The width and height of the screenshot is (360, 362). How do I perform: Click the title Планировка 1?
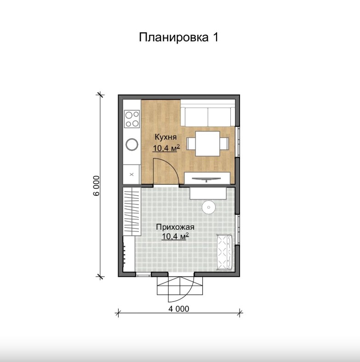178,37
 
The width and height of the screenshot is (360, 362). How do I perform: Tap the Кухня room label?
166,137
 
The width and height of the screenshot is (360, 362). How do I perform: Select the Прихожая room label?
175,227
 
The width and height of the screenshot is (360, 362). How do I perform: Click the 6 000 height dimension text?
97,186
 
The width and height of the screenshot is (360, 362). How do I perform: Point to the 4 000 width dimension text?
178,309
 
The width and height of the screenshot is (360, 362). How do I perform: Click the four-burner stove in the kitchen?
132,119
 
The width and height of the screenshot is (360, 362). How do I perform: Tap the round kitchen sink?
132,145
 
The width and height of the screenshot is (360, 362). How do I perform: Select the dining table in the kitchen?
207,143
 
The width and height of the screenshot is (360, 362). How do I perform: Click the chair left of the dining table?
191,143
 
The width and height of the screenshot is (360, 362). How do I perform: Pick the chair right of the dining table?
224,143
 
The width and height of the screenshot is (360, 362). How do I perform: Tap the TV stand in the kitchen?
207,178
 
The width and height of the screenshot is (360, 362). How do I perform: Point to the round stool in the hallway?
209,207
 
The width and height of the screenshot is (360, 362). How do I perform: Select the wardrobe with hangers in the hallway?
131,211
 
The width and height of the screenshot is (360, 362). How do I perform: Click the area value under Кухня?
166,148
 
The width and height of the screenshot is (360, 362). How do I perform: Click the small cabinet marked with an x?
131,174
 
